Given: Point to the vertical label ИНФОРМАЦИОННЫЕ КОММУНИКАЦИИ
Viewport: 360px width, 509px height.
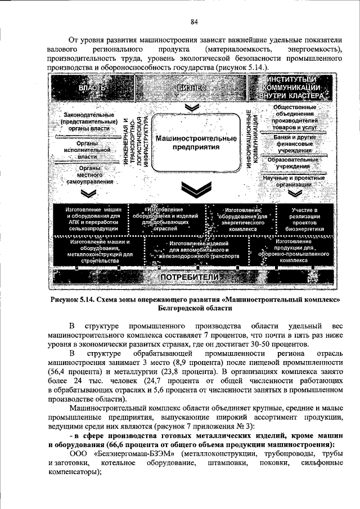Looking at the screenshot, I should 251,137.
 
